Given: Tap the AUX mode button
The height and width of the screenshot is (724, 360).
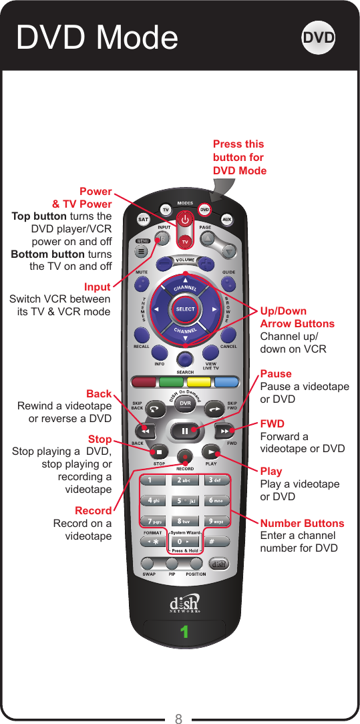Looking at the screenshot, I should pos(227,219).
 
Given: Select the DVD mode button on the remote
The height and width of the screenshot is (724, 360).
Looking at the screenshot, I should pos(205,210).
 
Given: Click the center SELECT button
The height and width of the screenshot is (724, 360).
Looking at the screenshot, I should pos(185,309).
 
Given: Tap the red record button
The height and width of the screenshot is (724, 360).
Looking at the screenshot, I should pos(185,456).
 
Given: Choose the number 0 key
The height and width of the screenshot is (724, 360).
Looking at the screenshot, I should pos(184,541).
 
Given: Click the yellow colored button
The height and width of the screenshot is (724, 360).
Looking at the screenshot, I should pos(199,383).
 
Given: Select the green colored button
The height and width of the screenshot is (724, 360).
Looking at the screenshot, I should pos(171,383).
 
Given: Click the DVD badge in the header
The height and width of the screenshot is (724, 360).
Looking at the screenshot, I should pos(319,37).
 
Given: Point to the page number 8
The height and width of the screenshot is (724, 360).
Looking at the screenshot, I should pos(178,719).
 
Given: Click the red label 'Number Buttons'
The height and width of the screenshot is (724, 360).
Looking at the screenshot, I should pos(302,523).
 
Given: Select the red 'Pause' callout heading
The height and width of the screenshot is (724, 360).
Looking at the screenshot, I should pos(276,374).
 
